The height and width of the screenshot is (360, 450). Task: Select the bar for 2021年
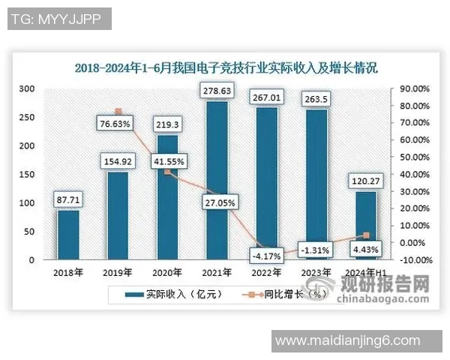217,181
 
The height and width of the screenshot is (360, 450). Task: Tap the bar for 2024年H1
365,226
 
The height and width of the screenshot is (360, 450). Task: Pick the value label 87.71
68,200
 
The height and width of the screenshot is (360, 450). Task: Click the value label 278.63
217,92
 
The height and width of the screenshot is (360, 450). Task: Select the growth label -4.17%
265,256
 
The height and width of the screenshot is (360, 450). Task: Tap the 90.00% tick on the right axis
413,88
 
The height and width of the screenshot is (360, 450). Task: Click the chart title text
225,67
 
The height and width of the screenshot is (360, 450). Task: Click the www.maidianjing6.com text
348,341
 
